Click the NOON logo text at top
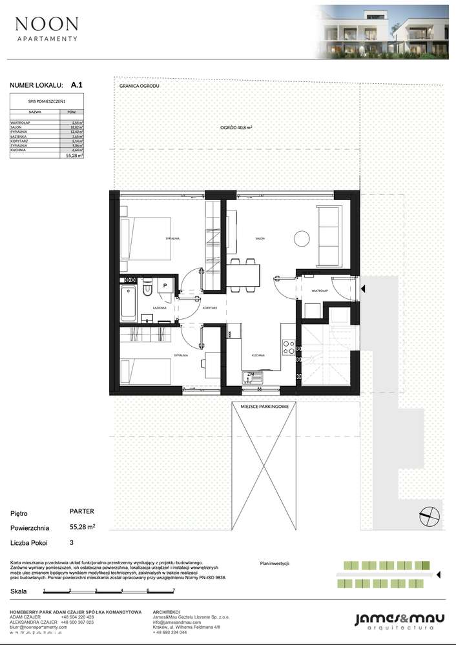click(47, 25)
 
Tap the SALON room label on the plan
click(260, 239)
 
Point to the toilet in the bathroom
click(147, 287)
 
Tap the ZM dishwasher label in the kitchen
click(249, 374)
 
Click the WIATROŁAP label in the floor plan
click(320, 291)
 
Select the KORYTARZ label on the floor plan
click(209, 309)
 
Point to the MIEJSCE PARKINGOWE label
click(264, 405)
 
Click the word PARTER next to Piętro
click(81, 511)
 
